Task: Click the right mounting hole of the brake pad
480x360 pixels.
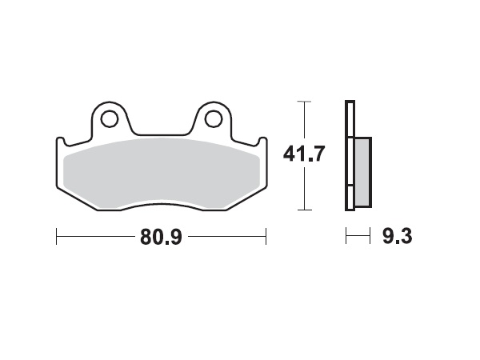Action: pos(212,119)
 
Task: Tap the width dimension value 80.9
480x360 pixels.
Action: pos(160,237)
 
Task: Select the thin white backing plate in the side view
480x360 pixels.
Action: pos(349,156)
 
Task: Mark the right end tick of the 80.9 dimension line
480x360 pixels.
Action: pos(265,237)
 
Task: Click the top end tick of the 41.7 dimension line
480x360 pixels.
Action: pos(302,102)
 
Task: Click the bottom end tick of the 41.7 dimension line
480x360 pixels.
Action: pos(302,210)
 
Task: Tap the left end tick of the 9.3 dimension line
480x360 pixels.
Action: pos(346,237)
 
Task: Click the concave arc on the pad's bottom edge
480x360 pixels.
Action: pos(160,206)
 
